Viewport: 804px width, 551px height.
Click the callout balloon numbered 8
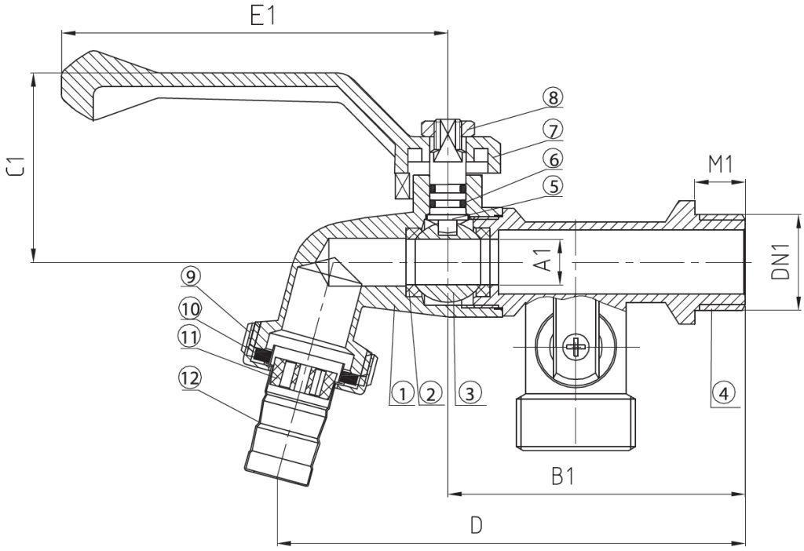(552, 97)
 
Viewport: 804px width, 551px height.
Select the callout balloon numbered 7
(553, 130)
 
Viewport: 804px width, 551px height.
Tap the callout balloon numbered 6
(553, 159)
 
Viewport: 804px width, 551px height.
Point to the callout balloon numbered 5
(553, 186)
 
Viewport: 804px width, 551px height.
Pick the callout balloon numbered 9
(191, 277)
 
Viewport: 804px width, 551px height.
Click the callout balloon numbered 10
(191, 309)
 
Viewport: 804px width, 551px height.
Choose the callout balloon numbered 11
(191, 338)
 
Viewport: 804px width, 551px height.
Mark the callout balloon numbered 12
(191, 379)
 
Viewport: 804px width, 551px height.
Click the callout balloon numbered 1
(402, 394)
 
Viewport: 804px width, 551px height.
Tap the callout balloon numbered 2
(429, 394)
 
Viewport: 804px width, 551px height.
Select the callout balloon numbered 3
(470, 394)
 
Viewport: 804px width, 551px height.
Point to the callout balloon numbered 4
(723, 394)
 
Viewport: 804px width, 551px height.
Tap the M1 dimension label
(721, 165)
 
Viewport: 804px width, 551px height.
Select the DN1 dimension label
(780, 261)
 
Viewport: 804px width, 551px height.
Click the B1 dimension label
(562, 476)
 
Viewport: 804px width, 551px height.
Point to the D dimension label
(477, 525)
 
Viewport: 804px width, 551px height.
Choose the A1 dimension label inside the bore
(545, 260)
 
